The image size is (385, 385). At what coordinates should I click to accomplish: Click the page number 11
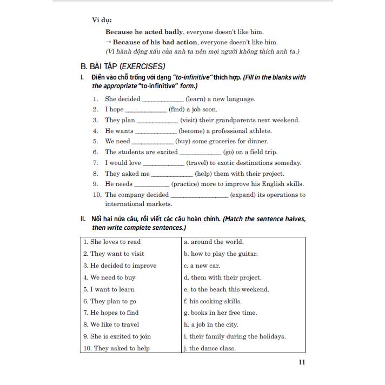coord(301,362)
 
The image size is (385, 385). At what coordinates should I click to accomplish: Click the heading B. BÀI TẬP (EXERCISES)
coord(122,67)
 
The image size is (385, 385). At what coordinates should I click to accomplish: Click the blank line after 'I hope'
coord(146,110)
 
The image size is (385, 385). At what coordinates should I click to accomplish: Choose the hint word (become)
coord(194,131)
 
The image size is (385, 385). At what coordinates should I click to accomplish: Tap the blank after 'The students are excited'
coord(200,152)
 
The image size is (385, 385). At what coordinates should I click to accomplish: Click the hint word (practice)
coord(189,184)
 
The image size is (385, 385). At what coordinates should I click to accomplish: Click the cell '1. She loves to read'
coord(112,242)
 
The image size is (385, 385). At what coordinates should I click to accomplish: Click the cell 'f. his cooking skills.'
coord(213,301)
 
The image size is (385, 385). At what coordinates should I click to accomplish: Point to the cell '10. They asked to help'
coord(116,348)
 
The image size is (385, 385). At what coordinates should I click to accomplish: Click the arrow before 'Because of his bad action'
coord(108,42)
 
